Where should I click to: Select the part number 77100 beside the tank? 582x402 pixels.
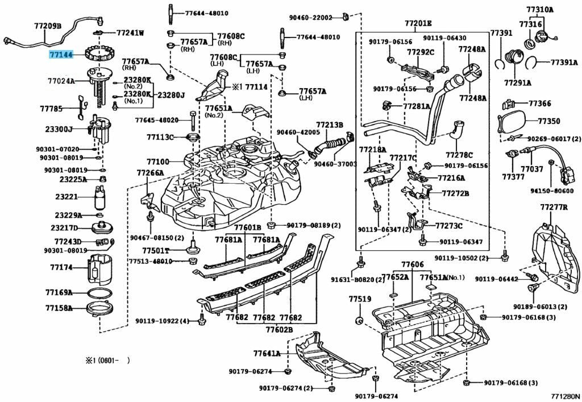click(x=158, y=161)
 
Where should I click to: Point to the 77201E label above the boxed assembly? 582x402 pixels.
click(x=418, y=23)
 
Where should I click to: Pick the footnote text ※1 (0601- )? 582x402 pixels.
click(x=108, y=360)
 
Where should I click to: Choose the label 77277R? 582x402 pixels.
click(x=554, y=206)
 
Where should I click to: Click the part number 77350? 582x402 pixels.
click(x=549, y=121)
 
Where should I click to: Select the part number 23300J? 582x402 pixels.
click(x=59, y=130)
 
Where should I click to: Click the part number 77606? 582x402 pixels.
click(x=412, y=265)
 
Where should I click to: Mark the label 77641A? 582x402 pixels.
click(x=267, y=353)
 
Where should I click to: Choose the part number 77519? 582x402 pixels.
click(x=360, y=299)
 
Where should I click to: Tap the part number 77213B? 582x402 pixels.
click(x=330, y=125)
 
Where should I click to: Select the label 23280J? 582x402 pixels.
click(x=171, y=95)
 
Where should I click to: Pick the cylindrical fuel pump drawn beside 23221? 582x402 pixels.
click(x=101, y=199)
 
